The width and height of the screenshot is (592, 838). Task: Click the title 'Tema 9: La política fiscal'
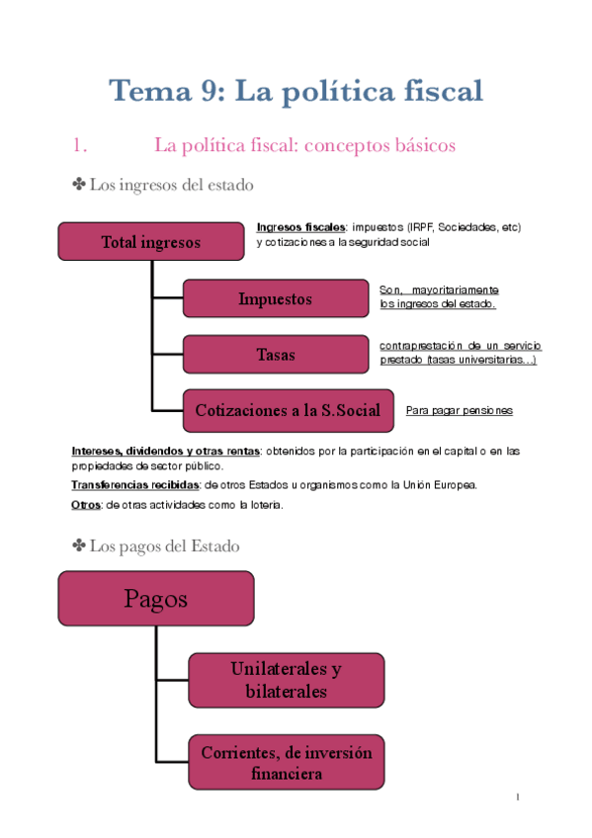(296, 92)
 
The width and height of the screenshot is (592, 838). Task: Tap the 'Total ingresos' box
(150, 242)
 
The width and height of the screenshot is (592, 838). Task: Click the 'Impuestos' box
(275, 298)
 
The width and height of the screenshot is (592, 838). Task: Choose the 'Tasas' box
(275, 354)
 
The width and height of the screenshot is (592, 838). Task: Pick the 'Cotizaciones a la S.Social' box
(288, 410)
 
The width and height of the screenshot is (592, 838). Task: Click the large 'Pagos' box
(155, 598)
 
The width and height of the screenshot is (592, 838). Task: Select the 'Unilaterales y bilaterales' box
(286, 680)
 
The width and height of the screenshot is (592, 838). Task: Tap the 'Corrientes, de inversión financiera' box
(287, 763)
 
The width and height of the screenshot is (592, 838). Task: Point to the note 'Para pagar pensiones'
(459, 410)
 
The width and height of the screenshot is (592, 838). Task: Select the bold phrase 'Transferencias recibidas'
(134, 485)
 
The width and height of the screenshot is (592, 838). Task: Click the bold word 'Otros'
(86, 505)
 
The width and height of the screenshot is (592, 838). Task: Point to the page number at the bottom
(517, 796)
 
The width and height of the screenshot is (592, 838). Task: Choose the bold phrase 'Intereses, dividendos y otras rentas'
(164, 451)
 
